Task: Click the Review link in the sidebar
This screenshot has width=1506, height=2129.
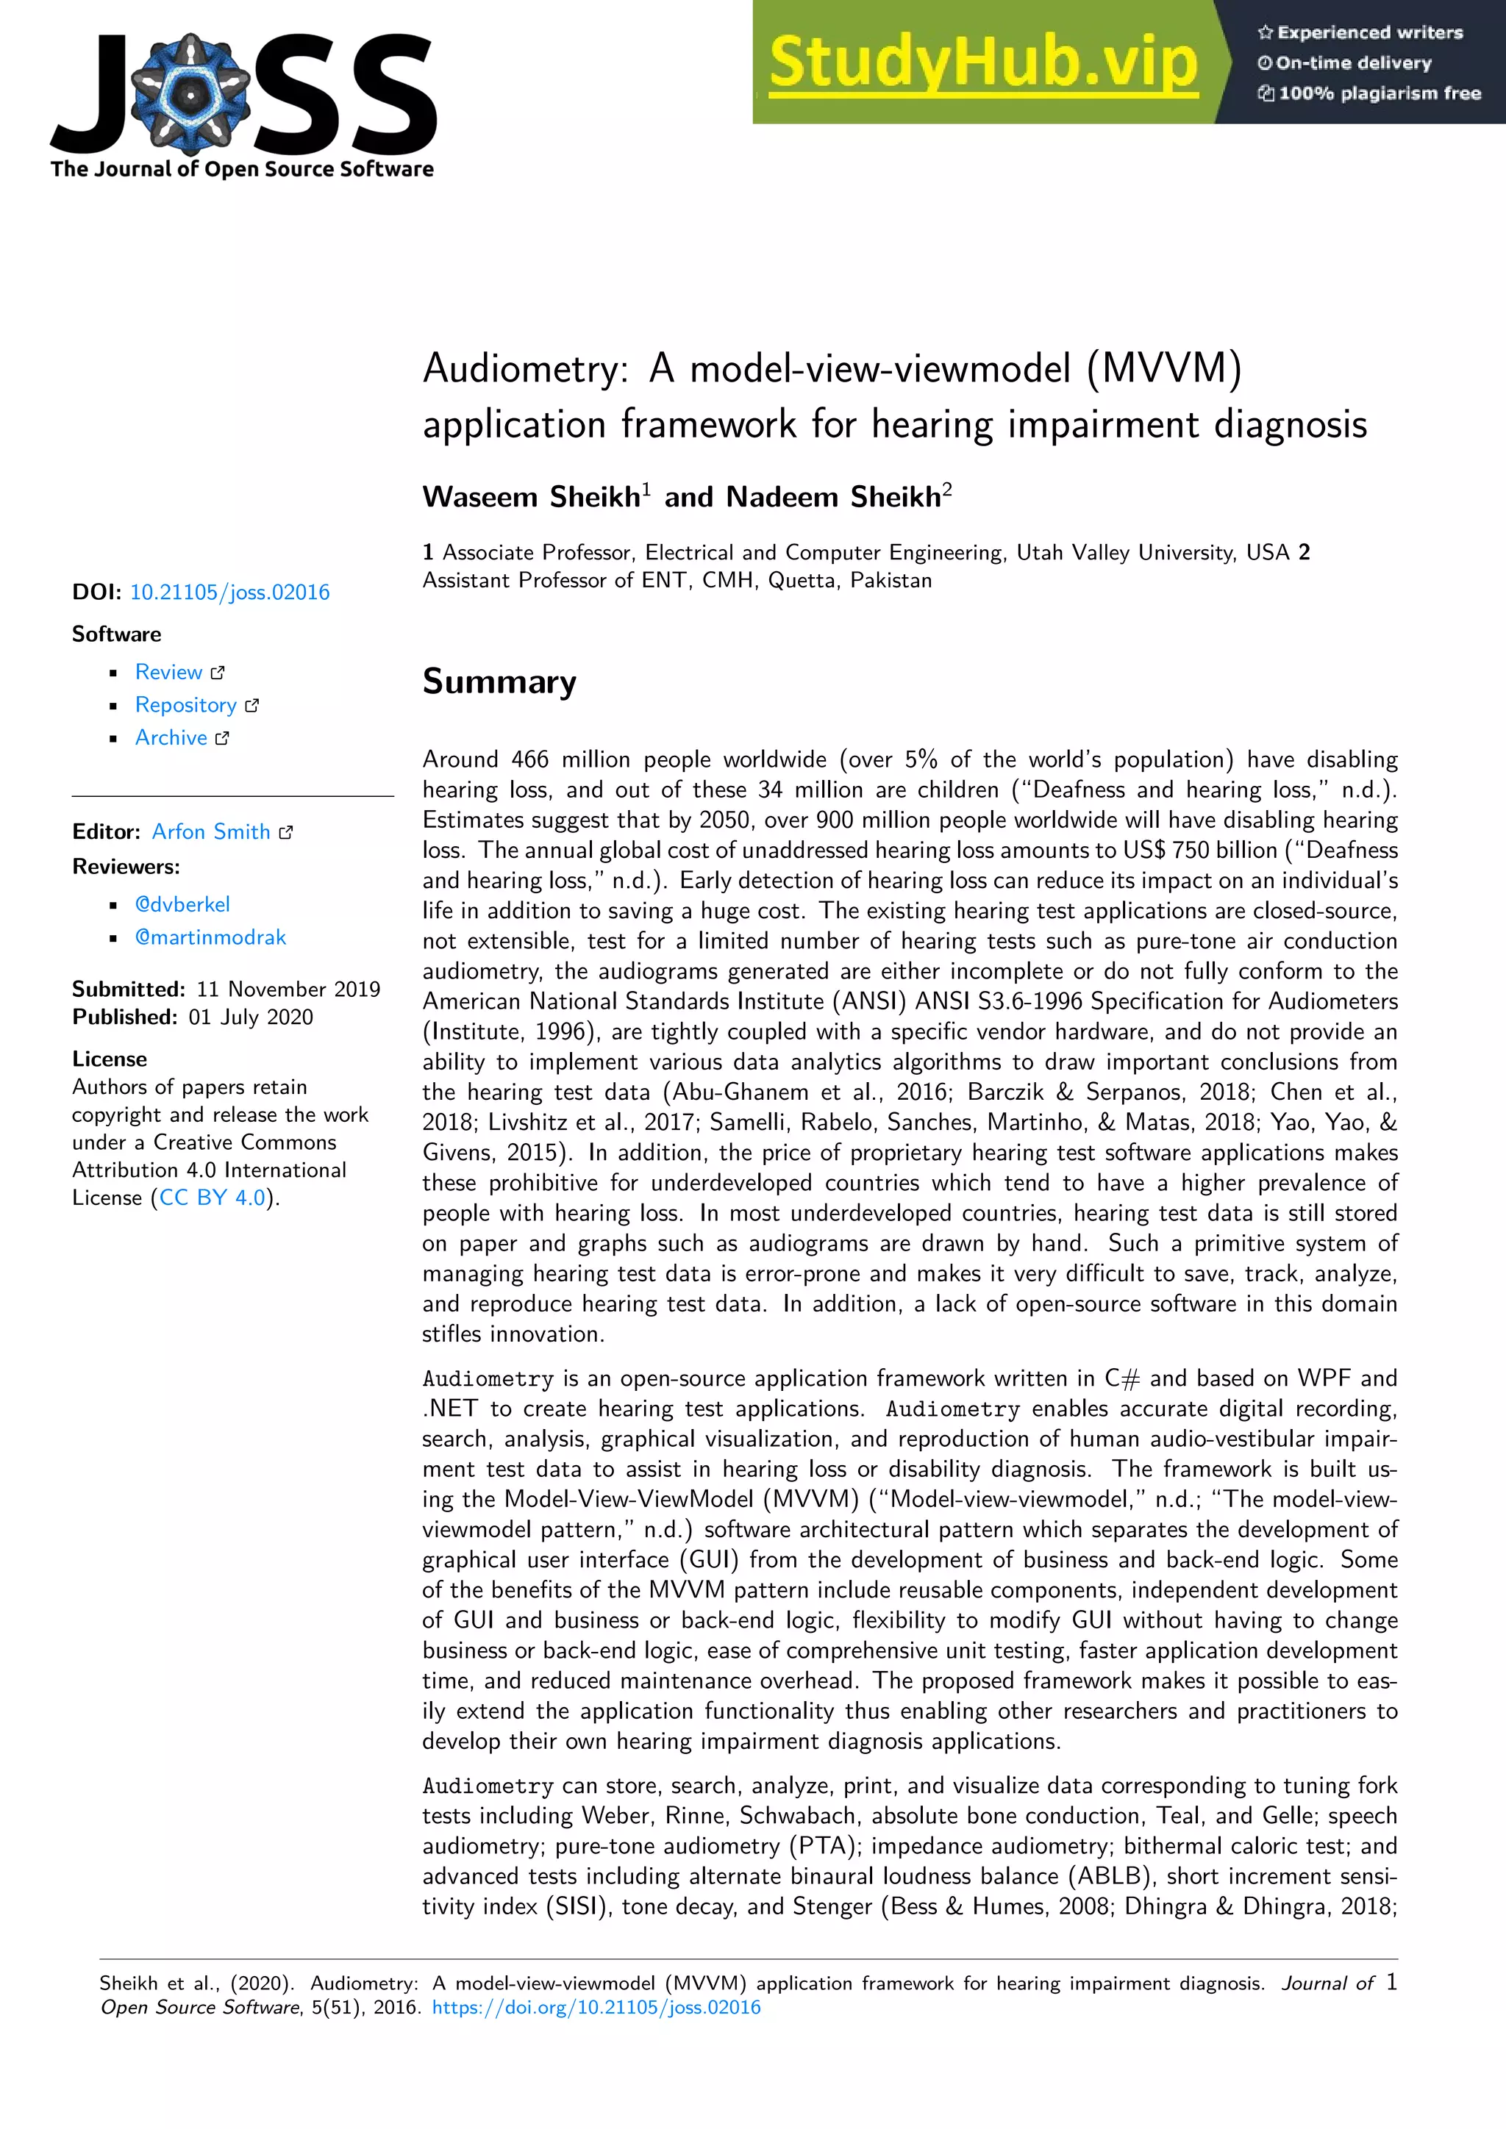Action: click(169, 672)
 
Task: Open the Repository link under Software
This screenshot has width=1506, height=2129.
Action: click(186, 705)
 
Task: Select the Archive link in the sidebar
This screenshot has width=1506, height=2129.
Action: click(171, 737)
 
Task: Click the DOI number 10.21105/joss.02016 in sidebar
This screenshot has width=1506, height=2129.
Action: click(230, 593)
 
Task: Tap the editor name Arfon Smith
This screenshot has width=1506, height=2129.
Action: click(212, 831)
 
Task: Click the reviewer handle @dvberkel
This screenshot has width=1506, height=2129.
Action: click(182, 904)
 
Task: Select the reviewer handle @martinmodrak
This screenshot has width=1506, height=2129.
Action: click(210, 937)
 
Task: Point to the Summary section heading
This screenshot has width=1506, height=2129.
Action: click(499, 681)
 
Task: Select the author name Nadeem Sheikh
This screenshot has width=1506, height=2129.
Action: click(832, 497)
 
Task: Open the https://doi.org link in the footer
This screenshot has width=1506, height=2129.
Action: click(596, 2008)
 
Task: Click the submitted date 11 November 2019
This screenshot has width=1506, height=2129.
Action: click(288, 990)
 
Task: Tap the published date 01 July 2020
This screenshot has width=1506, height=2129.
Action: click(251, 1017)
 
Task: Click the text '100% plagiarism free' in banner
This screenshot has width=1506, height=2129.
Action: click(1379, 93)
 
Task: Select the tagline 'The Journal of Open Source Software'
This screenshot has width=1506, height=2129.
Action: click(242, 169)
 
